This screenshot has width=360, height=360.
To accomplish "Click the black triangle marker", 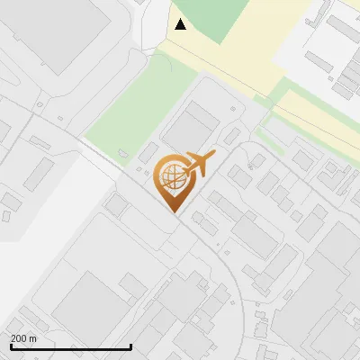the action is [181, 24].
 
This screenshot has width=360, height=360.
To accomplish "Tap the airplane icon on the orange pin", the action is [198, 164].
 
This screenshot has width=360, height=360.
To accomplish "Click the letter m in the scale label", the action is [33, 338].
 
